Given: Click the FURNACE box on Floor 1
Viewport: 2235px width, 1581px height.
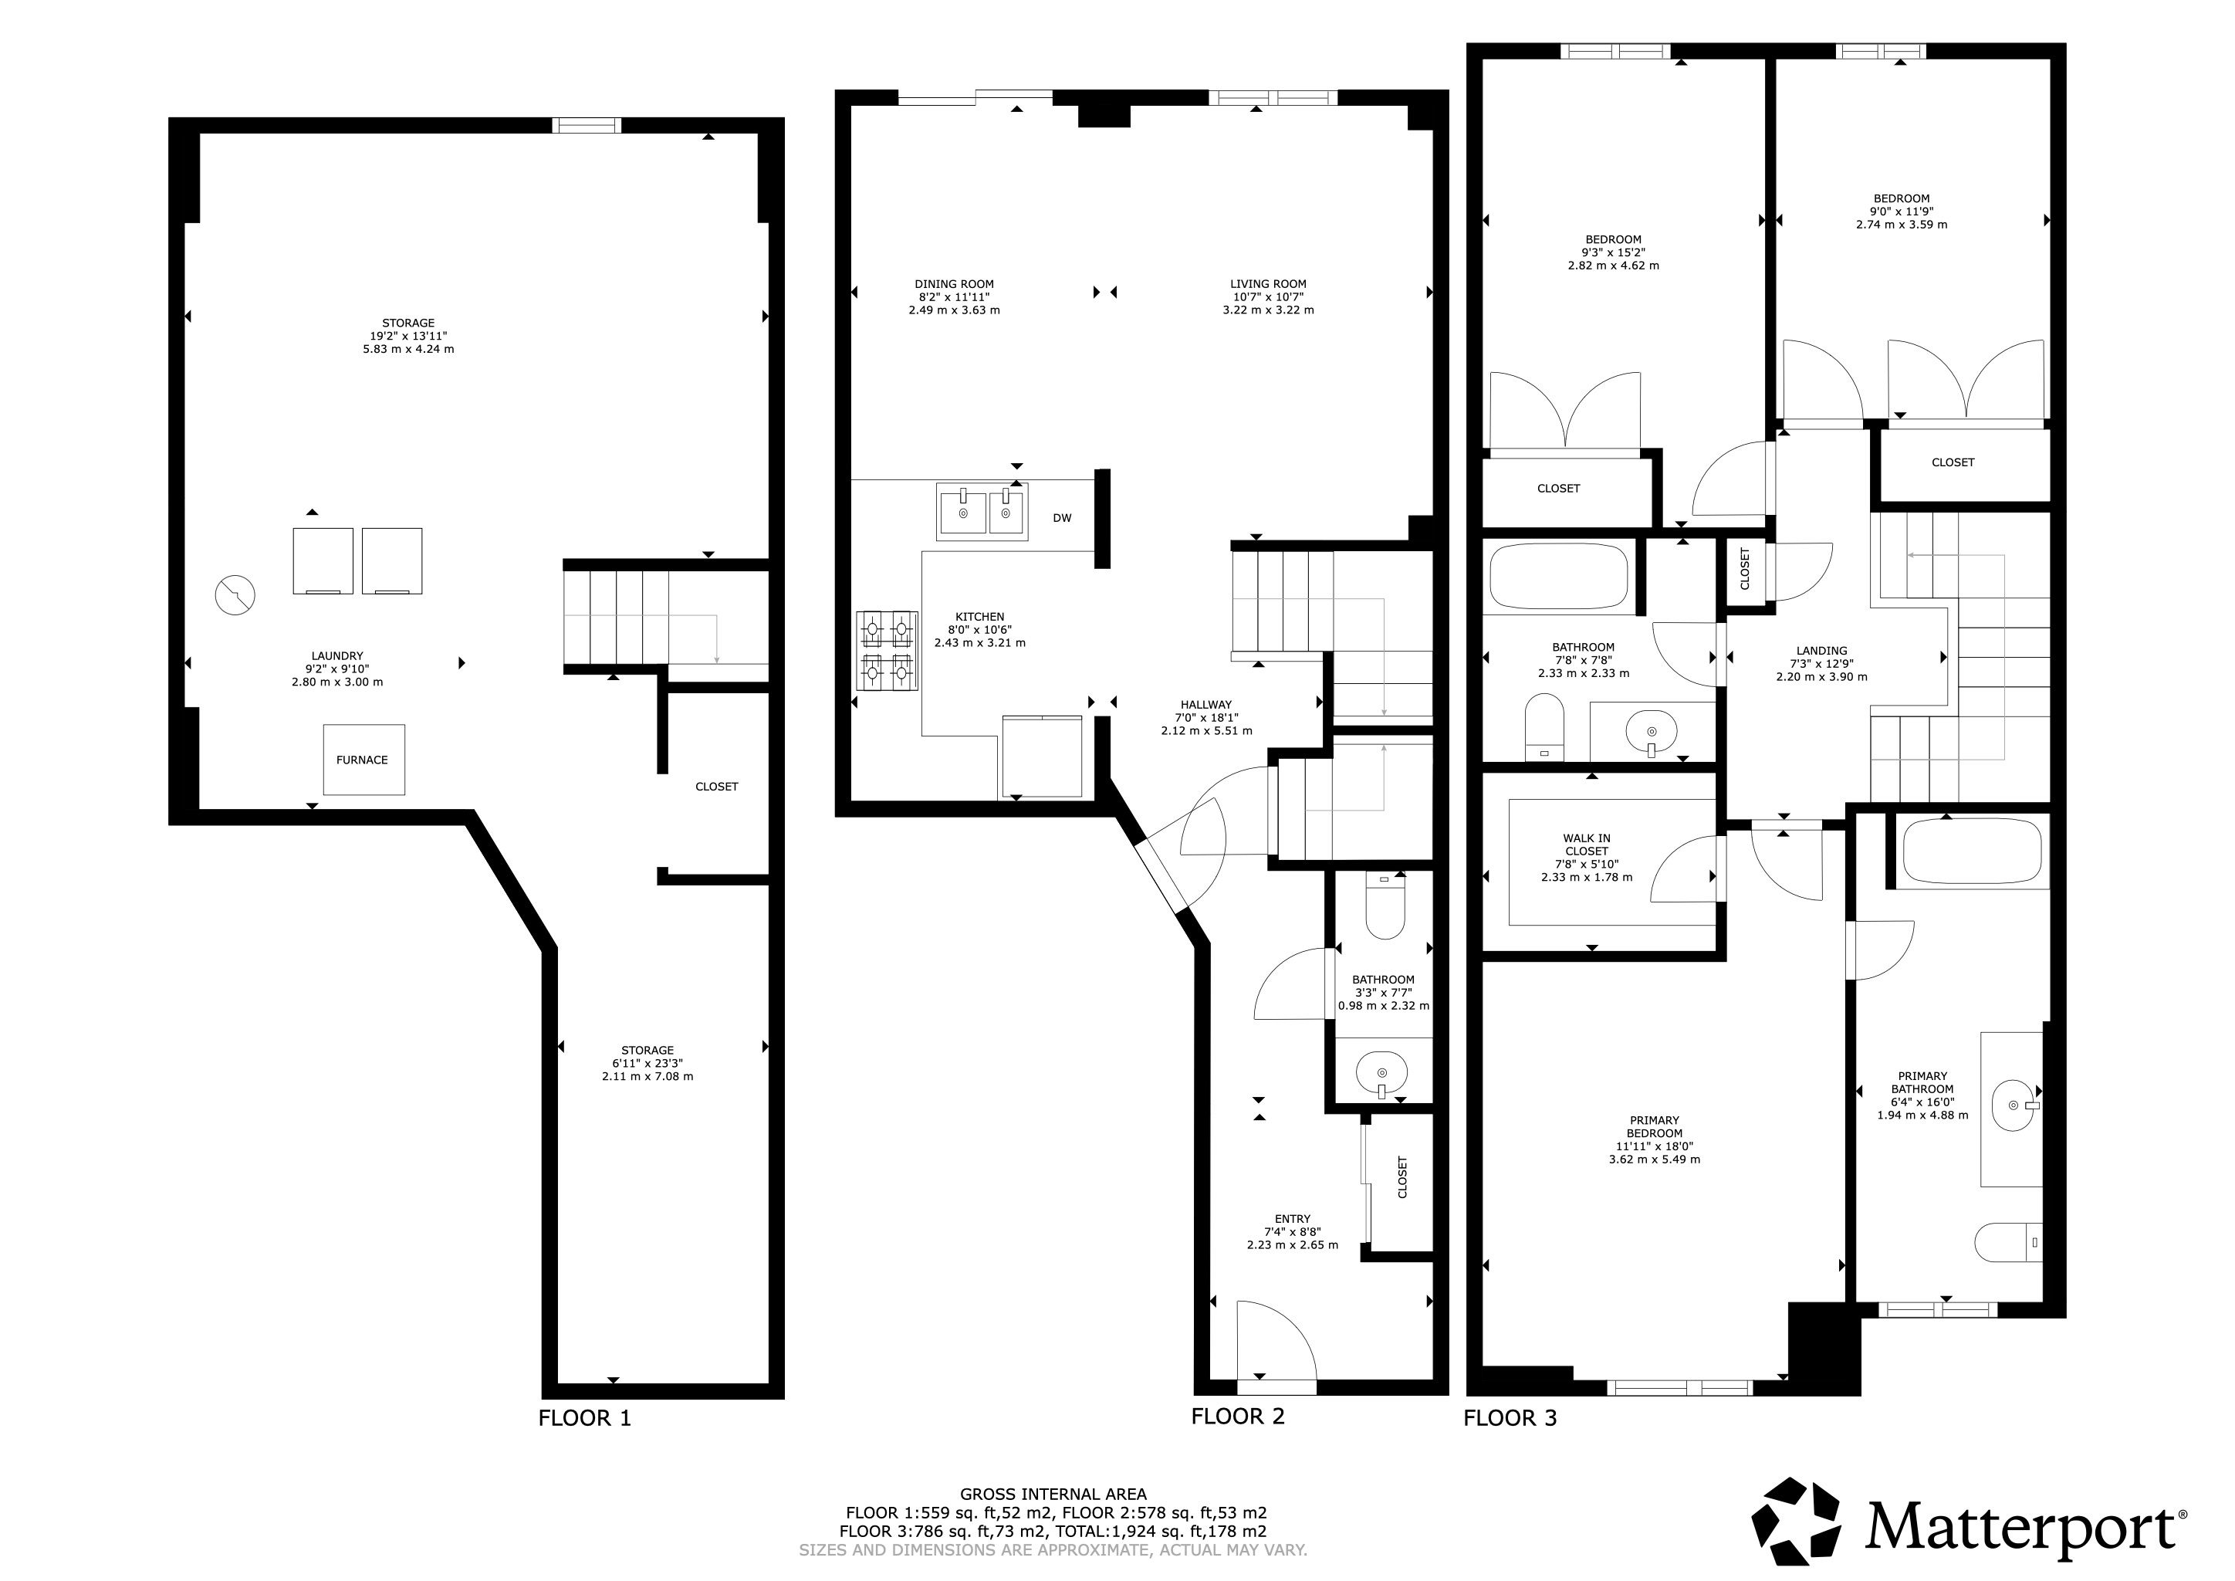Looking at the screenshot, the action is (x=364, y=760).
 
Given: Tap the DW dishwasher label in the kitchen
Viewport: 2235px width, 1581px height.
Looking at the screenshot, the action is (x=1062, y=518).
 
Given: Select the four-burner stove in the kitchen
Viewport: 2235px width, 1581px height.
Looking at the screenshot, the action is (x=887, y=650).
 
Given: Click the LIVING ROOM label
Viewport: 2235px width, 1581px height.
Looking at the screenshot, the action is (x=1269, y=284).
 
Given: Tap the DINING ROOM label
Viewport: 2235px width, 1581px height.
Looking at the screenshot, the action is (x=954, y=284).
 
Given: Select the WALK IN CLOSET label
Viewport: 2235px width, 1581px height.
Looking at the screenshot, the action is (x=1587, y=844).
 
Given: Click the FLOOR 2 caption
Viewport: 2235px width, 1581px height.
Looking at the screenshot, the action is (x=1237, y=1417).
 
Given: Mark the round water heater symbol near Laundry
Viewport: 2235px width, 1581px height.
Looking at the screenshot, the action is (x=235, y=595).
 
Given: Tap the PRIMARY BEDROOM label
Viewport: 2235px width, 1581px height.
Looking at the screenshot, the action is (x=1654, y=1126).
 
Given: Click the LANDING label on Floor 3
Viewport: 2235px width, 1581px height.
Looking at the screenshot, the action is (x=1821, y=650).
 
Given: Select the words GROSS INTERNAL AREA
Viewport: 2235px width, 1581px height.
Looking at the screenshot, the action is (x=1053, y=1494).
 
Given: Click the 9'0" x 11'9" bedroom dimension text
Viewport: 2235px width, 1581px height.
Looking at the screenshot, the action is (x=1901, y=212).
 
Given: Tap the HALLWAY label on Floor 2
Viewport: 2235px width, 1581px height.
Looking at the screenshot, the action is (x=1206, y=705).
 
